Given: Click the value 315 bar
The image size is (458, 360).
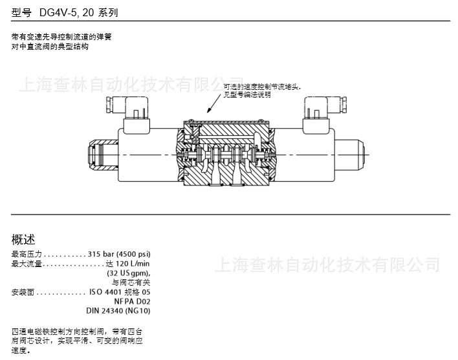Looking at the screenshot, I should click(x=100, y=254).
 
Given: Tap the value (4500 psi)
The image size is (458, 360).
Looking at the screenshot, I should click(x=133, y=254).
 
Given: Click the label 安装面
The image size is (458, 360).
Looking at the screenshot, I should click(x=22, y=292).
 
